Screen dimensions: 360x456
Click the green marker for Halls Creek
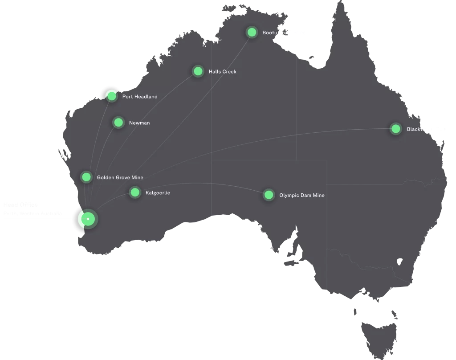coord(198,71)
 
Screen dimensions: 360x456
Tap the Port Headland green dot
coord(111,96)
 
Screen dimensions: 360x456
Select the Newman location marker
coord(118,123)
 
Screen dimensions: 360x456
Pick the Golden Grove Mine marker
coord(86,177)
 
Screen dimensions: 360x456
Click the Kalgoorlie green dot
coord(134,192)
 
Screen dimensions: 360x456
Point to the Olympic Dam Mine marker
coord(269,195)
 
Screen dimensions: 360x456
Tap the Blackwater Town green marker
coord(395,129)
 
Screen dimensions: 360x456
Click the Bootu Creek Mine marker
coord(252,32)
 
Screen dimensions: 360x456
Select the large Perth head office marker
coord(87,219)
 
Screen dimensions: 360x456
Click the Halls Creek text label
coord(222,72)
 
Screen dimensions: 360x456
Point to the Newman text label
coord(139,123)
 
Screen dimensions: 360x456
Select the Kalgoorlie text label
coord(158,193)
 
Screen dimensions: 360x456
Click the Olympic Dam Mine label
coord(301,196)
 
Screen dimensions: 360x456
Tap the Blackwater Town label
coord(427,129)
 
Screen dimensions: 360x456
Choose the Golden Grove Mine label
coord(120,178)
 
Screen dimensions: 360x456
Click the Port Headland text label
coord(140,97)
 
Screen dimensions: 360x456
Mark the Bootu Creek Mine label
coord(284,33)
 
